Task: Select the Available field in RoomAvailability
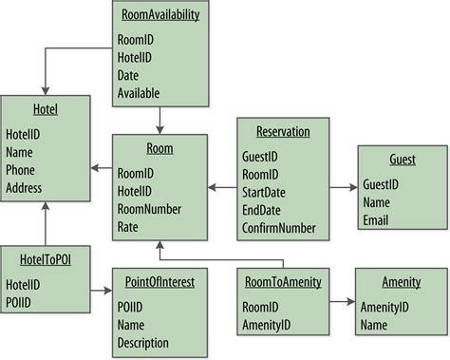(139, 93)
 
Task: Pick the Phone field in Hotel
(22, 170)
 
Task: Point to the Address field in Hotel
(25, 188)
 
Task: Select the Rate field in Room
(128, 227)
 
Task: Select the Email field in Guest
(377, 219)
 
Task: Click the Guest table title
(402, 161)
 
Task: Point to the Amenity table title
(401, 282)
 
